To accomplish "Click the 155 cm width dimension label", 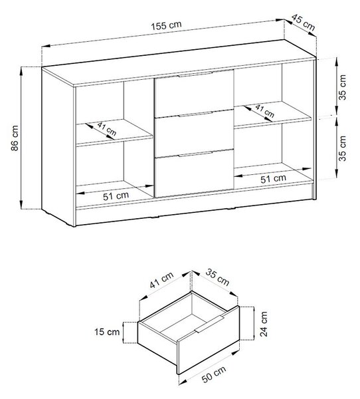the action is [167, 25].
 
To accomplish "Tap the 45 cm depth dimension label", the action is [303, 23].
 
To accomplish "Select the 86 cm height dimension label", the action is [15, 138].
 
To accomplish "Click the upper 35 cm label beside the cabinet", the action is [343, 87].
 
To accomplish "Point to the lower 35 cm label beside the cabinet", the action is [343, 148].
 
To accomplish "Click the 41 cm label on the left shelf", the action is [107, 129].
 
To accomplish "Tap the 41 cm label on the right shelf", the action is [264, 111].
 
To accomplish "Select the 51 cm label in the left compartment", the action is [116, 196].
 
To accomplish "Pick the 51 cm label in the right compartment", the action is [273, 179].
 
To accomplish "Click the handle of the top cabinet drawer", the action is [195, 74].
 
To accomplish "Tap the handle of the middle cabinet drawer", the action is [195, 114].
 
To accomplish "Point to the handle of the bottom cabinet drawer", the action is [195, 154].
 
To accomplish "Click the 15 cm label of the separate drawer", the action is [107, 332].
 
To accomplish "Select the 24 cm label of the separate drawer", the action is [264, 324].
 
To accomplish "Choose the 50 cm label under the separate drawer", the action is [214, 374].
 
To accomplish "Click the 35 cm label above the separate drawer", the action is [217, 277].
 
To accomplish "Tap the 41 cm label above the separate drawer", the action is [161, 280].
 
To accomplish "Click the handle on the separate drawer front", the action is [210, 324].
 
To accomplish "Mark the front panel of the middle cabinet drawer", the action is [194, 134].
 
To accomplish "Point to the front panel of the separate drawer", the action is [209, 340].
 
